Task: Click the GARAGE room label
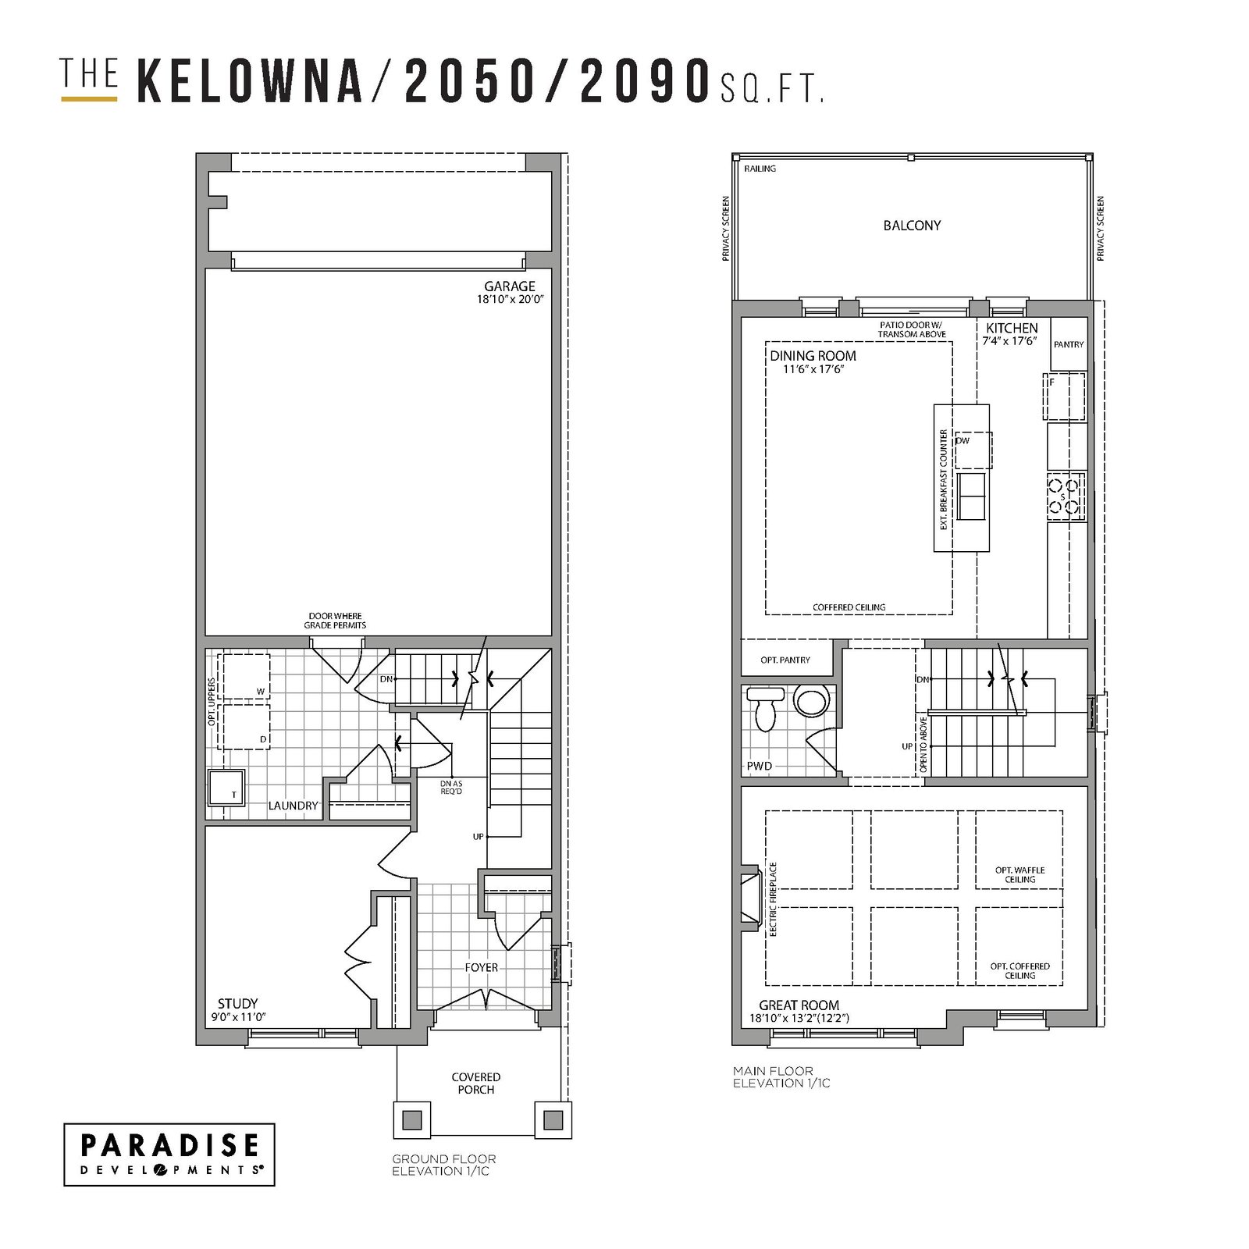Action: coord(510,286)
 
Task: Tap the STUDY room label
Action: coord(238,1004)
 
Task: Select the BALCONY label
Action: coord(912,226)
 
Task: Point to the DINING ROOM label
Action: coord(813,356)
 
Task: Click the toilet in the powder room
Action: coord(765,708)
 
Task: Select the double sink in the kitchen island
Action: coord(971,496)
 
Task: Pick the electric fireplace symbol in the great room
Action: coord(750,897)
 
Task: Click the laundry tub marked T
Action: coord(226,787)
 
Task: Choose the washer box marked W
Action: coord(245,677)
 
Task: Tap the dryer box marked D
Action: coord(245,727)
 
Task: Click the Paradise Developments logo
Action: coord(169,1155)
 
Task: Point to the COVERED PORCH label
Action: coord(476,1084)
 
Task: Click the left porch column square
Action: coord(410,1120)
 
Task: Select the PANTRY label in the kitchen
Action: coord(1069,344)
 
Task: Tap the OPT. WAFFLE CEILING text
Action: coord(1019,874)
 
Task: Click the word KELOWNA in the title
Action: coord(250,80)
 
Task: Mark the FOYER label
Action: coord(482,967)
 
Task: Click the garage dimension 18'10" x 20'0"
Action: coord(510,299)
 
